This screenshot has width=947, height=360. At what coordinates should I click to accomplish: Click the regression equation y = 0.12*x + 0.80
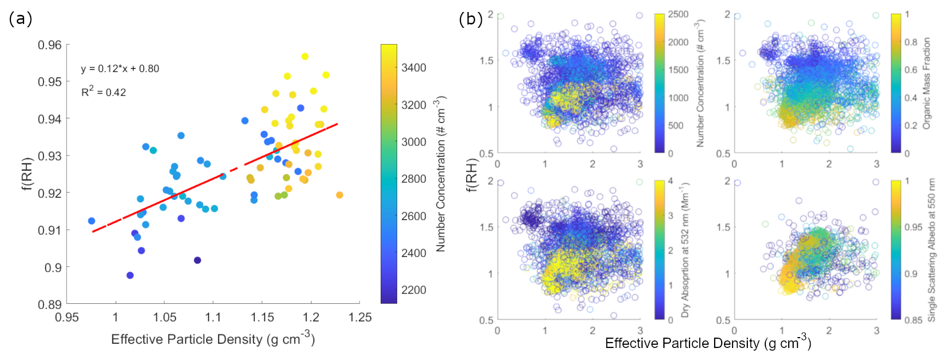120,69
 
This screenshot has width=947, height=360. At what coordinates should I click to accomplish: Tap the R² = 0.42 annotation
104,91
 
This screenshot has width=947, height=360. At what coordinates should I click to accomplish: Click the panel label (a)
21,19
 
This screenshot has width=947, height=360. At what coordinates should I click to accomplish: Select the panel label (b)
471,19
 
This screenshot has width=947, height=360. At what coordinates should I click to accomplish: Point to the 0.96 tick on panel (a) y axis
50,45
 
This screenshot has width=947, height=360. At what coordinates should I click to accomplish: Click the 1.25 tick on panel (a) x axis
360,317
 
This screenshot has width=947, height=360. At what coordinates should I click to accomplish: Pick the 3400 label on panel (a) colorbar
414,68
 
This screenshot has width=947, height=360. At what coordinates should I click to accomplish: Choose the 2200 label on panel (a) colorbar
414,290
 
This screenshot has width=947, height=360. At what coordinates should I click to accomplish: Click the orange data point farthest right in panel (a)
339,195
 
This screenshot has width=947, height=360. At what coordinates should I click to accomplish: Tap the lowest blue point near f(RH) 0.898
130,275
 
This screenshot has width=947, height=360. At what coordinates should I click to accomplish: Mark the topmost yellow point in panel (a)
305,57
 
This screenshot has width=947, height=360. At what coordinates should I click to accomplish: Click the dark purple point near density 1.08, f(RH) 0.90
197,260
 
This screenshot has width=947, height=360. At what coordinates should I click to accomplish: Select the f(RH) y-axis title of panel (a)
27,174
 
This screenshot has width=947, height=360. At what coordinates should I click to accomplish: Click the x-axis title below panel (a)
213,339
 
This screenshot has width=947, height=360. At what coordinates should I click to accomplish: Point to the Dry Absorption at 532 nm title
685,250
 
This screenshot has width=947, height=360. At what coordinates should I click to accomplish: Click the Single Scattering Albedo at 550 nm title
931,250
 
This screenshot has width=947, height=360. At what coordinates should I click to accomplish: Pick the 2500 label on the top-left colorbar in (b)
678,15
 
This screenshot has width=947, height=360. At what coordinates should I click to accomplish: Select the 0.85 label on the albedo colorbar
913,320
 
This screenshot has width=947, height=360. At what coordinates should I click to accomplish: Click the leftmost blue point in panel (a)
92,221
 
